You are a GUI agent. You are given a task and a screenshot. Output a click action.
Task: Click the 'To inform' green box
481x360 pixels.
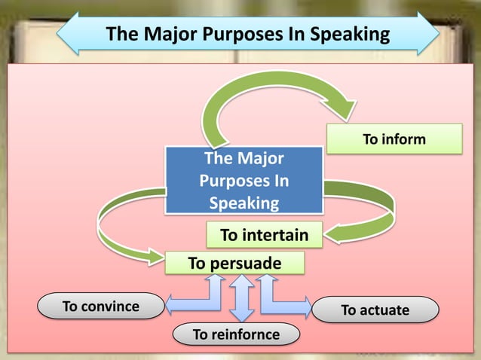394,139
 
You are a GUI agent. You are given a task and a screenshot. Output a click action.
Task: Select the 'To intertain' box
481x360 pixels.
264,235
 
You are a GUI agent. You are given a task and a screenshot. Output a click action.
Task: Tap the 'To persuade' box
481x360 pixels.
234,264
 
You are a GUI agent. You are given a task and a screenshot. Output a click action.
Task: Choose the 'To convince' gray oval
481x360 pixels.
101,307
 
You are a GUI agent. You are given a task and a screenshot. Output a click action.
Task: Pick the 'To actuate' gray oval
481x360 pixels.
375,310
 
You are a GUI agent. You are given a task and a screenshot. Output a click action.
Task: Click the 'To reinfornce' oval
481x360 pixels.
236,334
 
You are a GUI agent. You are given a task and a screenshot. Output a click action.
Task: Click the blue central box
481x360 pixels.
244,181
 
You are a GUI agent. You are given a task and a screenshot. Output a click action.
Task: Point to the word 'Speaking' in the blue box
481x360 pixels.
244,203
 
